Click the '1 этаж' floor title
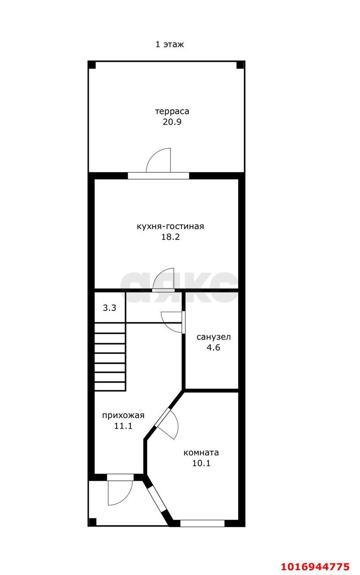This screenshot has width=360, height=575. point(170,44)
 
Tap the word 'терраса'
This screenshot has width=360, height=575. point(172,111)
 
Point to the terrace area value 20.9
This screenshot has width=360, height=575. point(172,122)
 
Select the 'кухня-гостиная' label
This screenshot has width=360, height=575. point(170,226)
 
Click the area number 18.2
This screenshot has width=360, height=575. point(170,237)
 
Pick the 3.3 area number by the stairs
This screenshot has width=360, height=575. point(110,308)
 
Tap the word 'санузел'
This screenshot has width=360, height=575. point(213,337)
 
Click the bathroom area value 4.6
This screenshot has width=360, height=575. point(213,347)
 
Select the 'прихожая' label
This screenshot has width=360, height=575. point(123,416)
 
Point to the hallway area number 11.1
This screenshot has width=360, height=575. point(123,426)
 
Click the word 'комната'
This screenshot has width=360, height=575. point(201,452)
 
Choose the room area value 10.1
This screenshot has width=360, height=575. point(201,463)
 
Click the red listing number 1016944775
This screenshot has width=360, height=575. point(315,566)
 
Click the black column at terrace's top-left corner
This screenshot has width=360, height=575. point(92,65)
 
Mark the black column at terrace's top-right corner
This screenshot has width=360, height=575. point(240,65)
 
